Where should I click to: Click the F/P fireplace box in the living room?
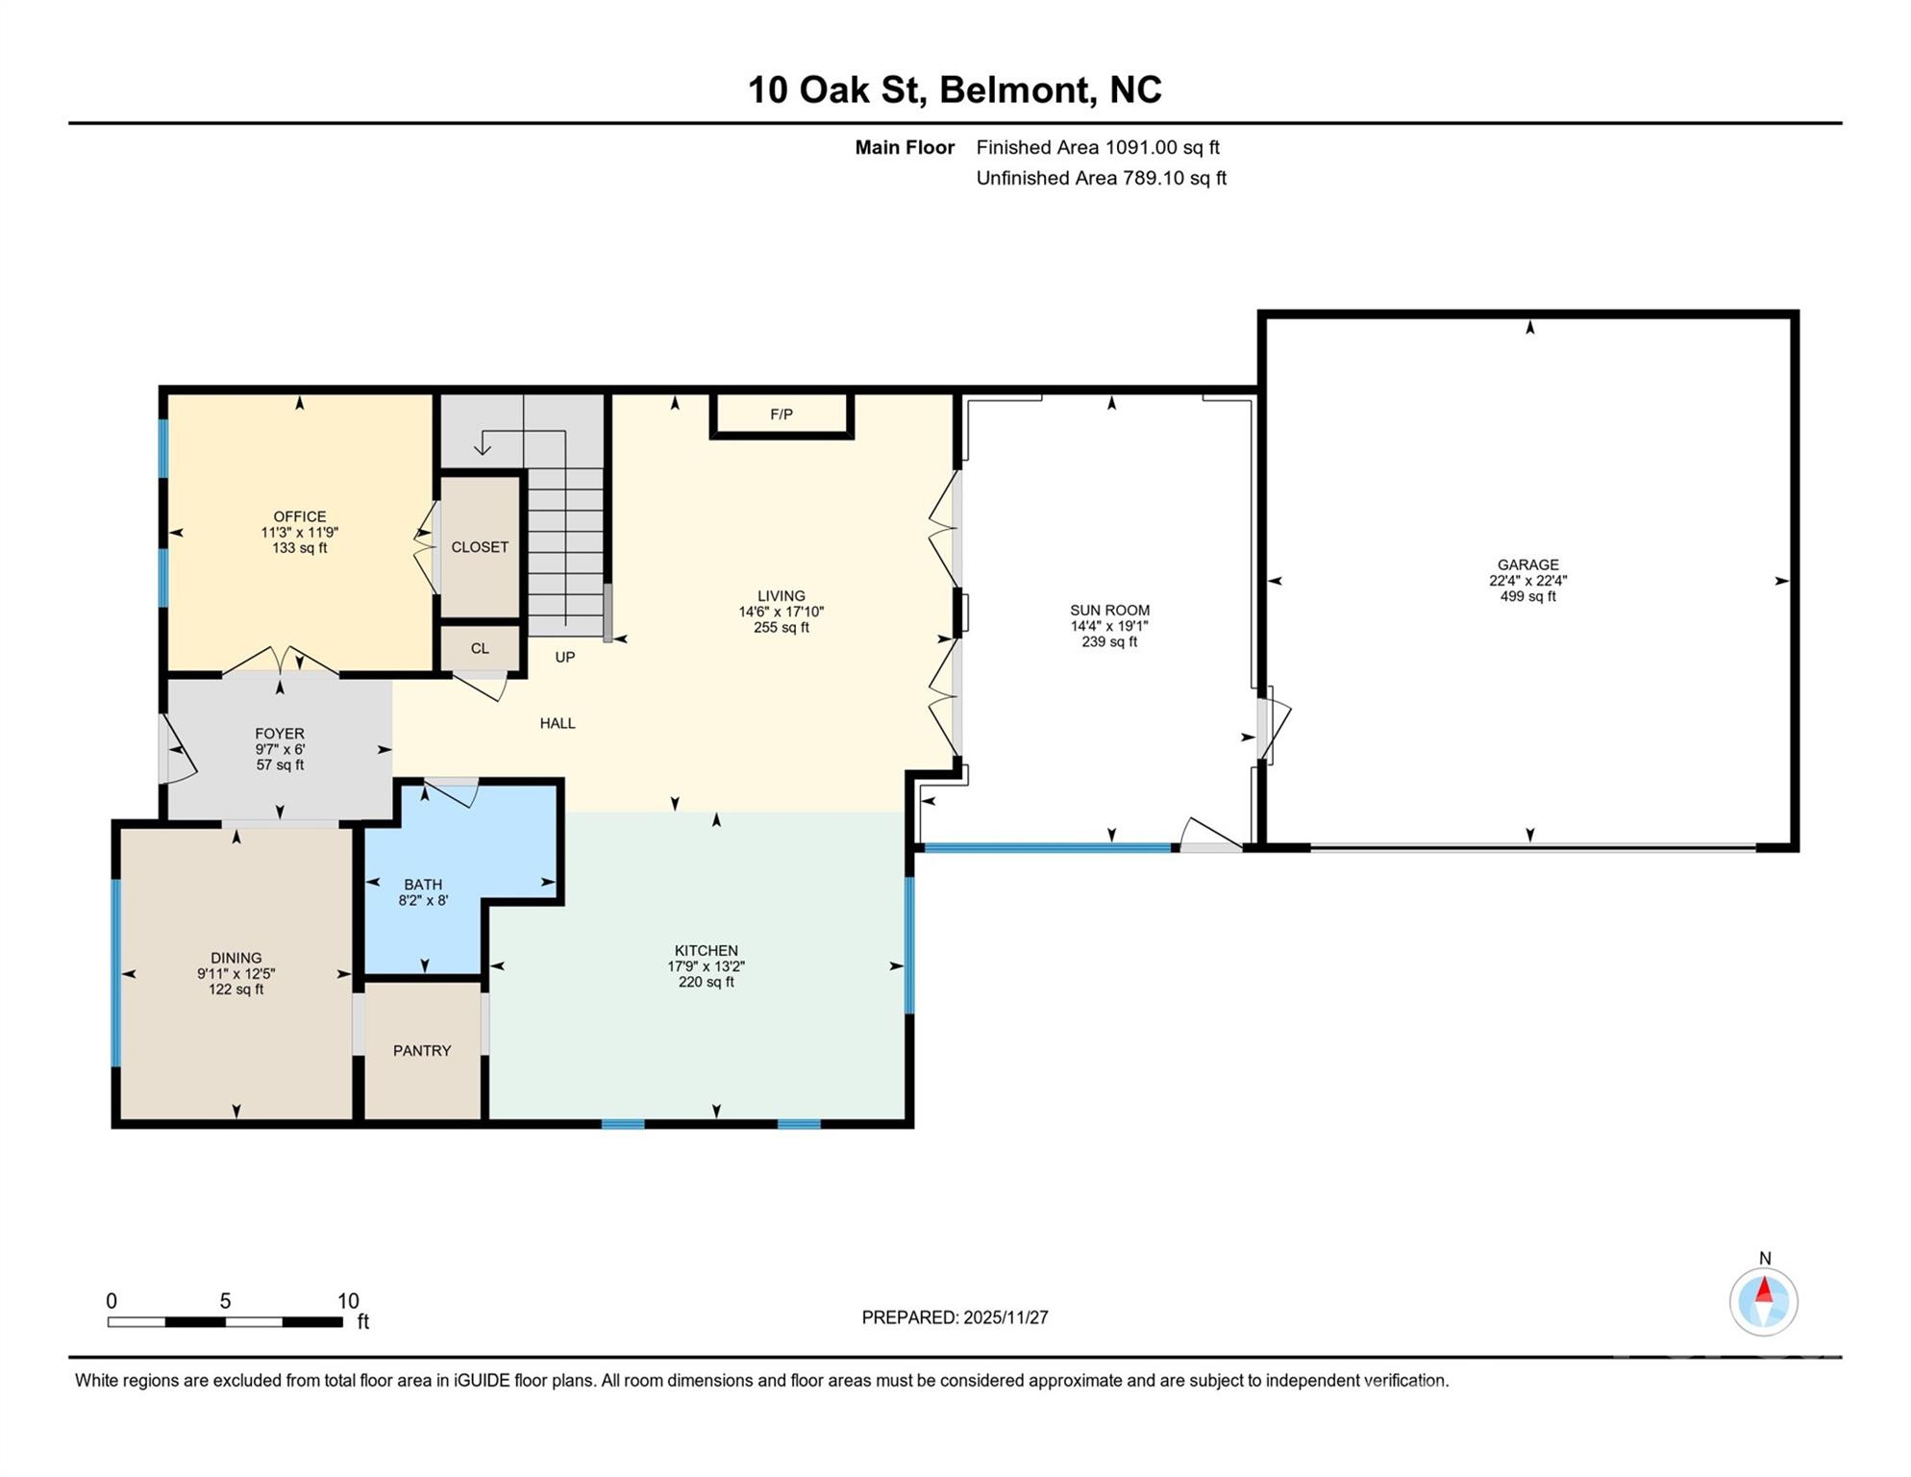click(782, 414)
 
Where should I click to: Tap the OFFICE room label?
click(299, 516)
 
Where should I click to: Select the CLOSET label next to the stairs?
click(480, 547)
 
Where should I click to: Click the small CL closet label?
click(480, 649)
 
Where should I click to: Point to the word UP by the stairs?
click(564, 658)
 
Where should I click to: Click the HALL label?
click(558, 723)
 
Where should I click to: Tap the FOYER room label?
click(280, 734)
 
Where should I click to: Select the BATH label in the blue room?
click(423, 885)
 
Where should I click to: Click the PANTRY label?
click(422, 1051)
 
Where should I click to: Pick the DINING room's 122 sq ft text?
click(236, 989)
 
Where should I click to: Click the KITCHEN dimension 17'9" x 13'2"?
click(706, 966)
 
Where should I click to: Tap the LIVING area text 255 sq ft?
click(781, 628)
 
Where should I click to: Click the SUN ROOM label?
click(1109, 611)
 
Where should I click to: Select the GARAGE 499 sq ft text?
click(1527, 596)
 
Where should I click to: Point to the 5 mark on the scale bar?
click(225, 1301)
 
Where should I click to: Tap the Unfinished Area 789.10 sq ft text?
click(1101, 178)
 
